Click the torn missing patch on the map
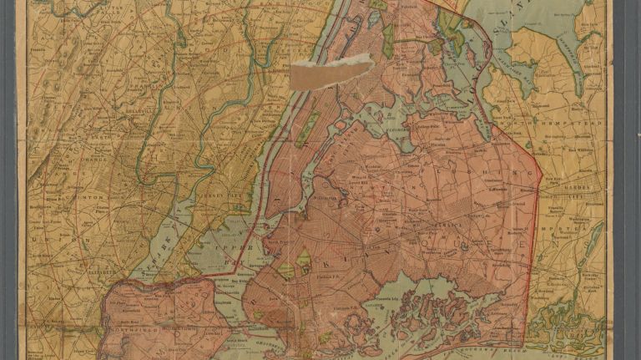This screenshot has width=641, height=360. pos(331,72)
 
